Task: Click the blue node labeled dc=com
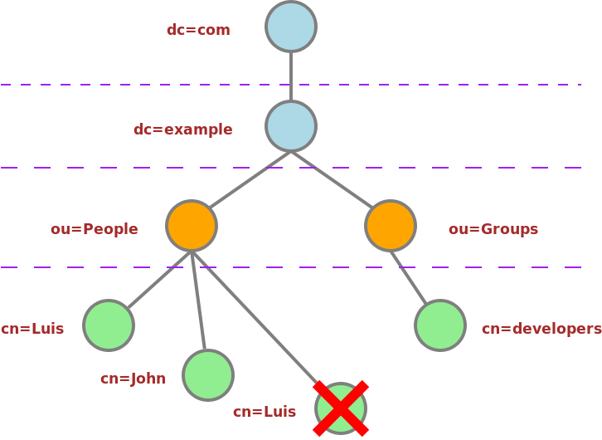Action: pos(291,27)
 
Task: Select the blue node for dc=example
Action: pos(291,126)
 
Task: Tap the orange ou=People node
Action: pos(192,226)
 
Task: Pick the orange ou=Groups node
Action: pos(391,226)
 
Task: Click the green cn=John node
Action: pos(208,375)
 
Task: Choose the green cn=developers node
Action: pos(440,325)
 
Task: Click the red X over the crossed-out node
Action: pos(341,408)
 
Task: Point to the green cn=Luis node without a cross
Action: pos(109,325)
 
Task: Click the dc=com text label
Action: pos(198,30)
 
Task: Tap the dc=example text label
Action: pos(183,130)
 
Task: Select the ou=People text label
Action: pos(95,229)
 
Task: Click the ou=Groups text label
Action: pos(493,229)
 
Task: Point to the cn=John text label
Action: pos(134,379)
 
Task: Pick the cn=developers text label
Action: pos(541,329)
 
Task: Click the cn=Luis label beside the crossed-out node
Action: pos(265,412)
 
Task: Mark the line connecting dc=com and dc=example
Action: pos(291,76)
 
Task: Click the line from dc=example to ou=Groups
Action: pos(332,180)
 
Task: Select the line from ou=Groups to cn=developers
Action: pos(409,277)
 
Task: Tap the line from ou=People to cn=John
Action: pos(198,301)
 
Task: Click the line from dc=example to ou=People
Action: pos(250,180)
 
